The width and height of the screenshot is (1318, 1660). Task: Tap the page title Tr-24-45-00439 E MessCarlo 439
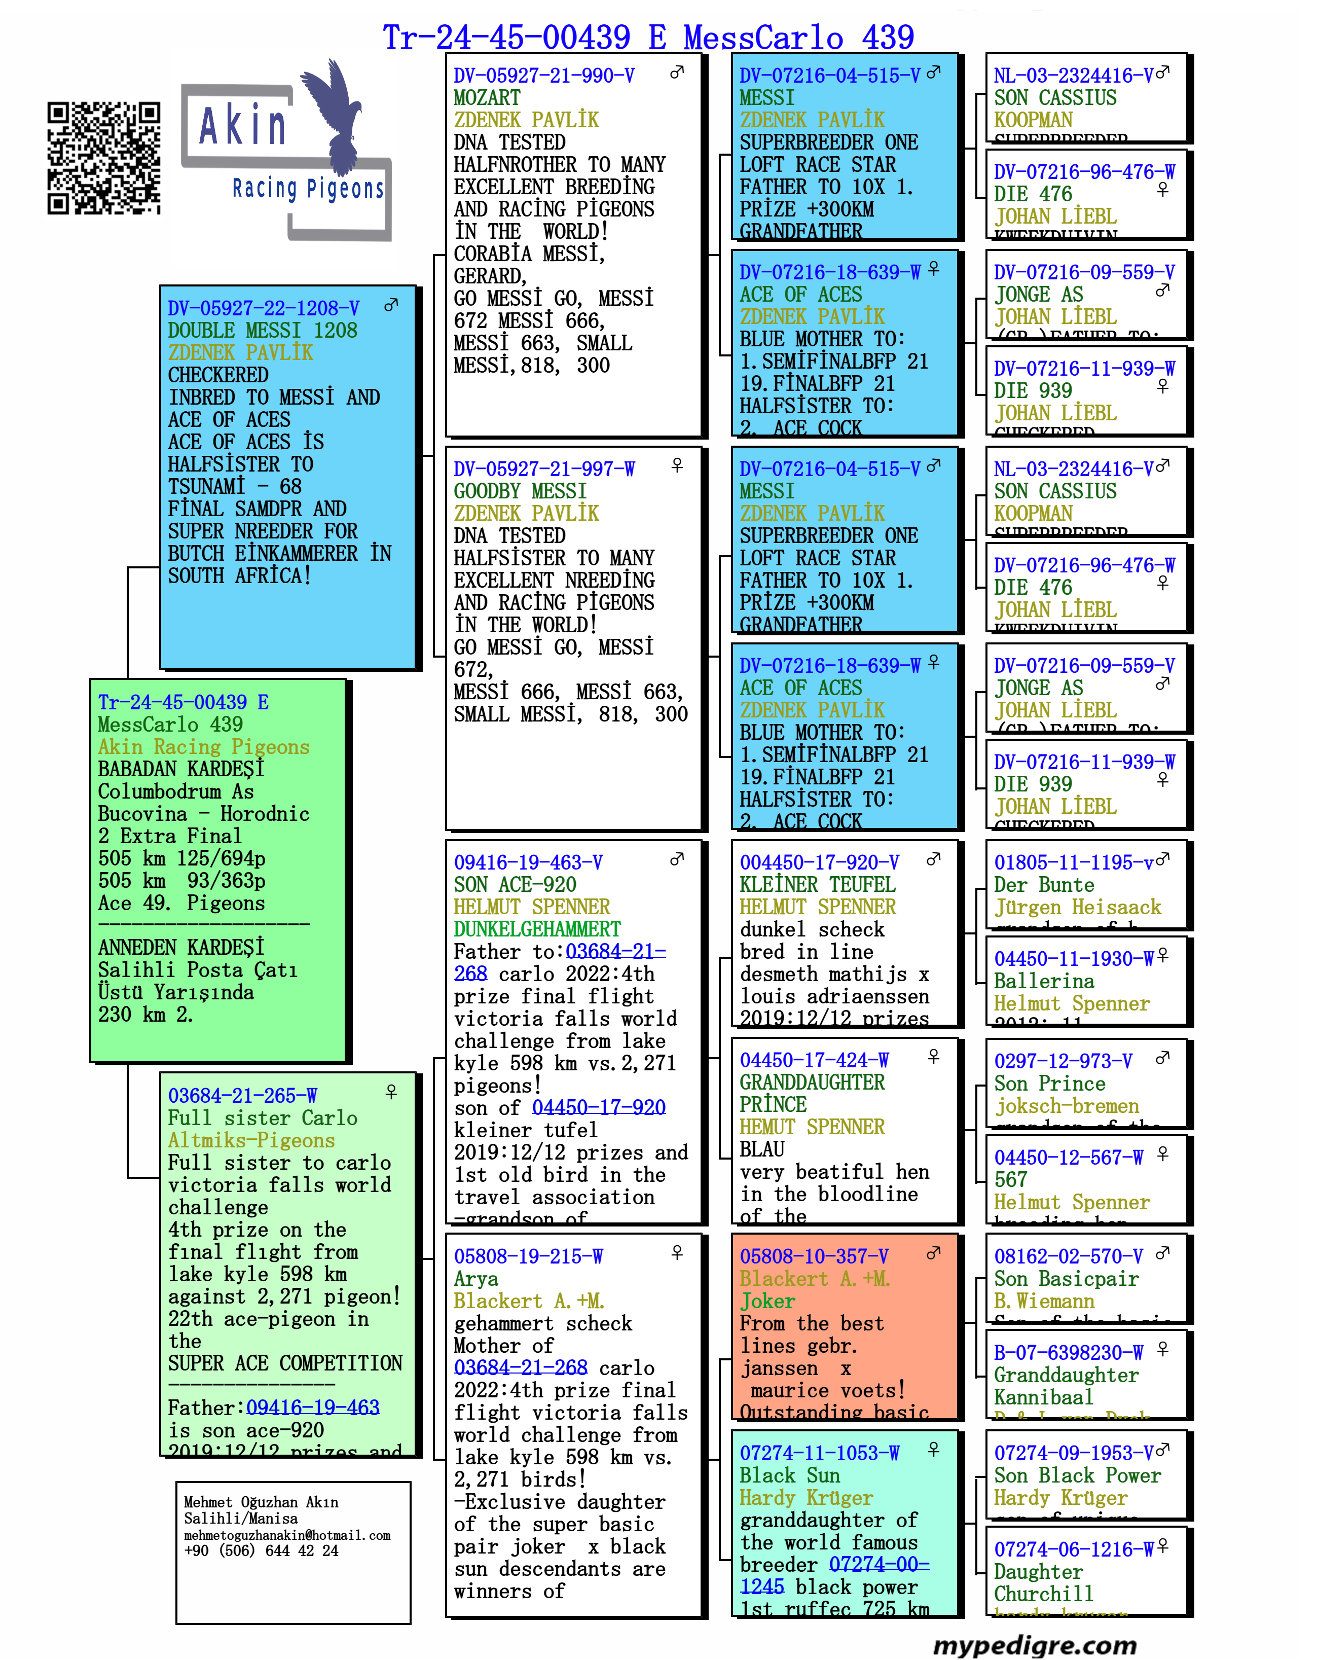click(x=648, y=37)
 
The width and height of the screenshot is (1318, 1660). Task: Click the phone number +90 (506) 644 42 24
click(x=261, y=1550)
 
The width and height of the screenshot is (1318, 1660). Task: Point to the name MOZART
click(x=487, y=98)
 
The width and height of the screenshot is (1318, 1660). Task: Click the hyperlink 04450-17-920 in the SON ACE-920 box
click(x=598, y=1107)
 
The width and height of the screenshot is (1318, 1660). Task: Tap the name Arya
click(x=476, y=1279)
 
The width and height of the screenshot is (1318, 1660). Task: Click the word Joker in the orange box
click(x=767, y=1301)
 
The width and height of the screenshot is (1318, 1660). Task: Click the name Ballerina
click(x=1043, y=981)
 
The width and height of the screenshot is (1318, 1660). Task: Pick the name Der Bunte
click(x=1043, y=885)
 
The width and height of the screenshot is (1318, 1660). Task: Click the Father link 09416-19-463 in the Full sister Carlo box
click(x=313, y=1408)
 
